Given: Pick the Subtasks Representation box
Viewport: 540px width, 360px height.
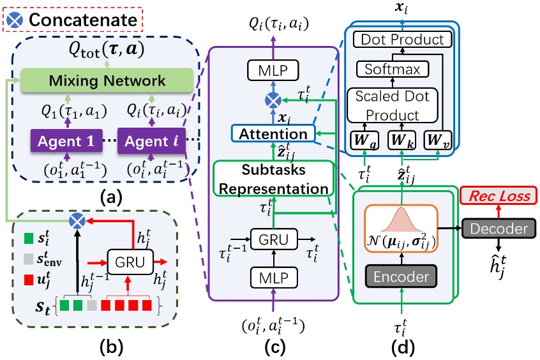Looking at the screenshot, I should tap(273, 179).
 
